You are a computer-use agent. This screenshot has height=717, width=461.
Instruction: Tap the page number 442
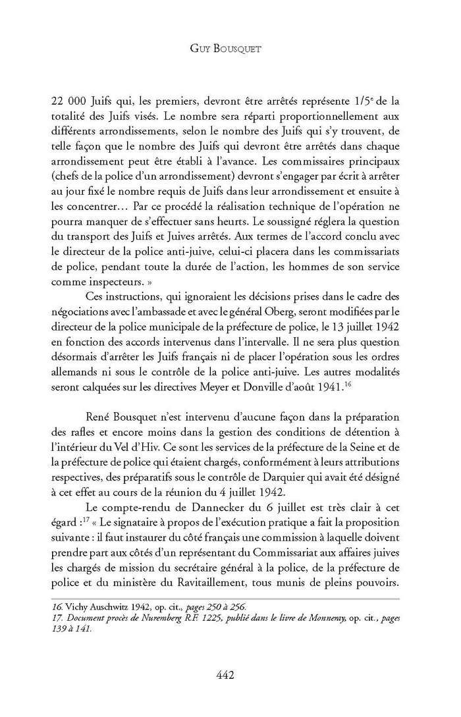[x=230, y=674]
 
